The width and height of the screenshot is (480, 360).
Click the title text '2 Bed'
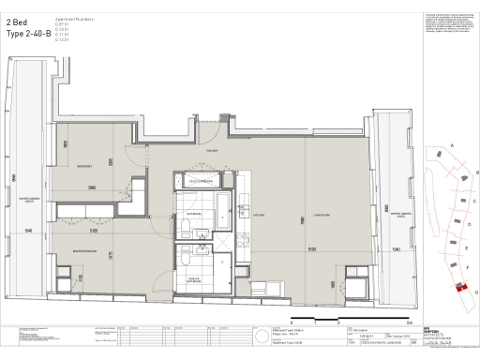(x=16, y=19)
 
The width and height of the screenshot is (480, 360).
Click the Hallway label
(x=213, y=149)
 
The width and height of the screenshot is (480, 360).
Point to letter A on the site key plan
(x=453, y=146)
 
